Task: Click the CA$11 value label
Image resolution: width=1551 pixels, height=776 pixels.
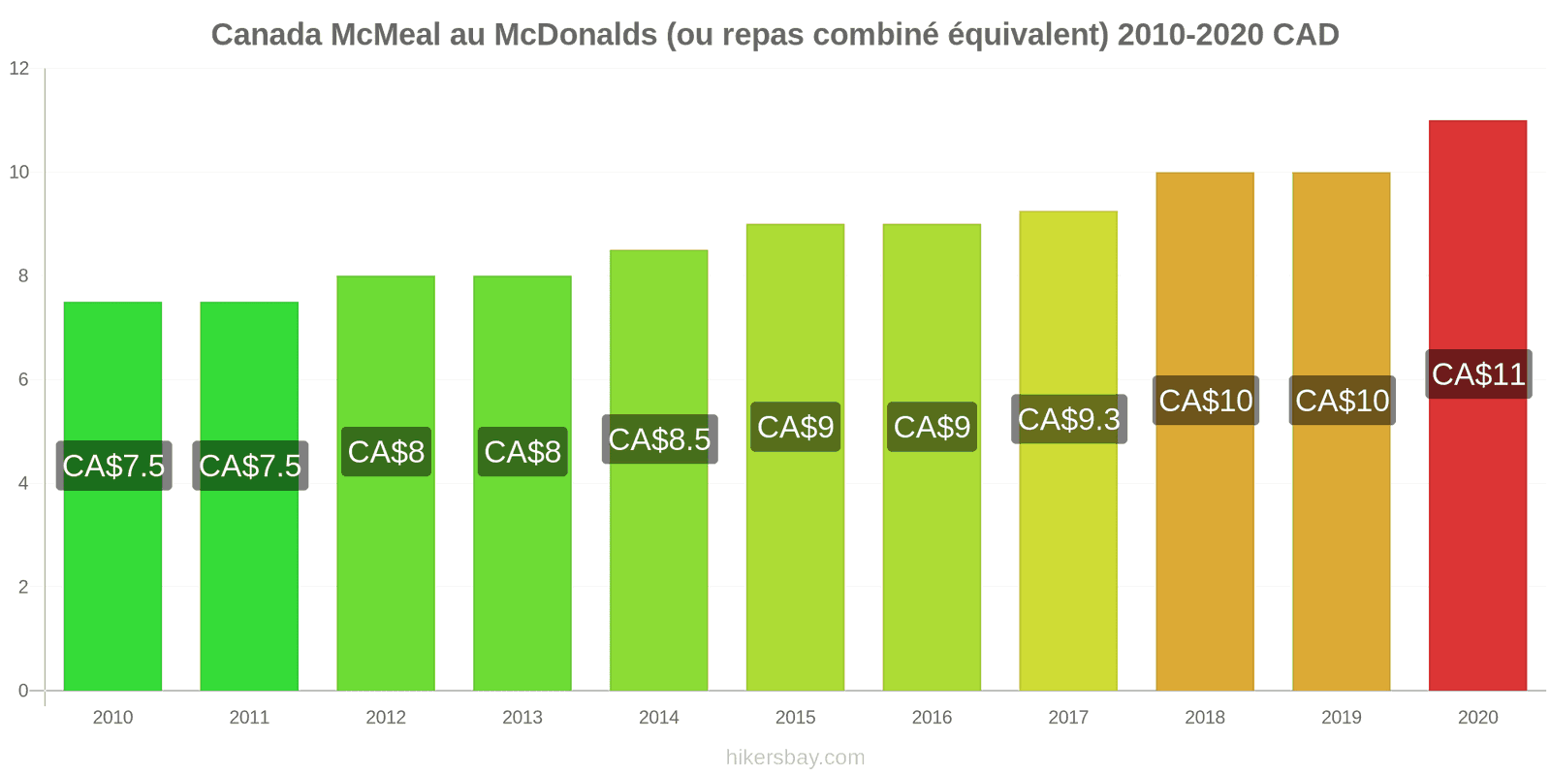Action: click(1478, 374)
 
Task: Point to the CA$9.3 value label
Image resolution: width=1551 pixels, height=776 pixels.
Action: click(1068, 419)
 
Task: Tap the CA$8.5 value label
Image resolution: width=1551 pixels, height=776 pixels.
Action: click(659, 439)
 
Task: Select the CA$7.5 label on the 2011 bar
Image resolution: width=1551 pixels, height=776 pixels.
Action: click(250, 466)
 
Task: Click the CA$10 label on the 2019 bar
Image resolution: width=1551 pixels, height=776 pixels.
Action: click(1342, 401)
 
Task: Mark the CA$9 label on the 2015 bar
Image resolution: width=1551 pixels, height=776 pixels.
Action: click(795, 427)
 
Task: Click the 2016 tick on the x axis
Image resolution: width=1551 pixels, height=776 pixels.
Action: click(932, 718)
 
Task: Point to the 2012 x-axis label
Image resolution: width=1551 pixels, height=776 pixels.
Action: click(386, 718)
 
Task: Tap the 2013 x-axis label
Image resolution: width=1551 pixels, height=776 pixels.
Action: click(522, 718)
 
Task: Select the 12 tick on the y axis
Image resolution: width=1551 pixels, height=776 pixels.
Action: click(19, 69)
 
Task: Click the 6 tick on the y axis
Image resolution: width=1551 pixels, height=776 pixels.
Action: click(23, 380)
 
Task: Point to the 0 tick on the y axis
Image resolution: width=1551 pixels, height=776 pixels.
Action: click(23, 692)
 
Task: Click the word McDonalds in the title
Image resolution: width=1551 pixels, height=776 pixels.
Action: click(576, 35)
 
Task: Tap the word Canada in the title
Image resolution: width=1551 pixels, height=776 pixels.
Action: click(267, 35)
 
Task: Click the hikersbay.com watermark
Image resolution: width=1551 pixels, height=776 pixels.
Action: click(795, 758)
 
